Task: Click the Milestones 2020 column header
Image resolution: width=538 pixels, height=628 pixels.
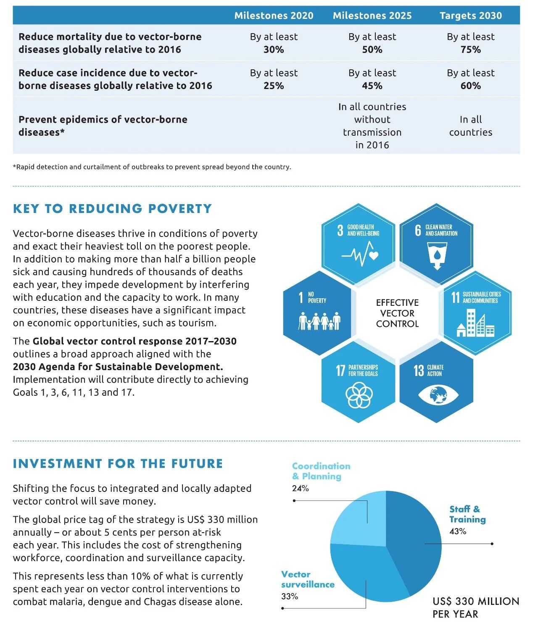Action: (274, 16)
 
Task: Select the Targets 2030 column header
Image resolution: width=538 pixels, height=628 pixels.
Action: (470, 16)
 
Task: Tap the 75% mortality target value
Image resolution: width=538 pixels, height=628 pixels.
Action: (470, 50)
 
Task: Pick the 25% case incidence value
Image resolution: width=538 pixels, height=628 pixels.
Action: (274, 86)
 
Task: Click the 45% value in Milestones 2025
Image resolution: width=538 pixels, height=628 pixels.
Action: (372, 86)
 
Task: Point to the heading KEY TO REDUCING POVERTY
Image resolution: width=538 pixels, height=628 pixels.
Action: (112, 209)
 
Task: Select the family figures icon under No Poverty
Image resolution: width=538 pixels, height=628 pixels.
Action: (319, 321)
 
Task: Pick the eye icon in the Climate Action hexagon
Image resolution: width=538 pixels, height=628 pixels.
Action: (438, 395)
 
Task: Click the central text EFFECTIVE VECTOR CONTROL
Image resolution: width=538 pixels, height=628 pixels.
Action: (397, 313)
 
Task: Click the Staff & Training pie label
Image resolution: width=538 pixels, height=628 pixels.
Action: (467, 514)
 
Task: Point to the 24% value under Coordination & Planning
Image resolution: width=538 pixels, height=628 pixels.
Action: (300, 488)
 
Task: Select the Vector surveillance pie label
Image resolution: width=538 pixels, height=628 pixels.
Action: (308, 579)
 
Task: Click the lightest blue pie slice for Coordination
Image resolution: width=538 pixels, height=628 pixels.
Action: (355, 521)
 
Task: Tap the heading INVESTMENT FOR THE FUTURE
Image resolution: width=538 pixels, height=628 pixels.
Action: (118, 464)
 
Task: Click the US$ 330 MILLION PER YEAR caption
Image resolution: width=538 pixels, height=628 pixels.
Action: (475, 607)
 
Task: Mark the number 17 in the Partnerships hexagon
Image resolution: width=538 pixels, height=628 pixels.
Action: (340, 370)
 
